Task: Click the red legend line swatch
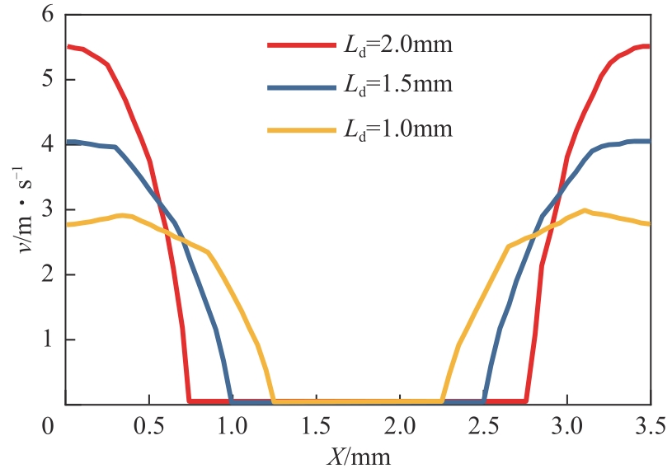299,46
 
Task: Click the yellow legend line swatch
299,129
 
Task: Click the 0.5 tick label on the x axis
148,429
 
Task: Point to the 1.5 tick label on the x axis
316,429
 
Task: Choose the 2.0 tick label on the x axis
400,429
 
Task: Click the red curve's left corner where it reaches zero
190,401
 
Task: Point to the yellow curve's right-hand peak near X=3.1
585,210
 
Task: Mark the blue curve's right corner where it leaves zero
484,401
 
